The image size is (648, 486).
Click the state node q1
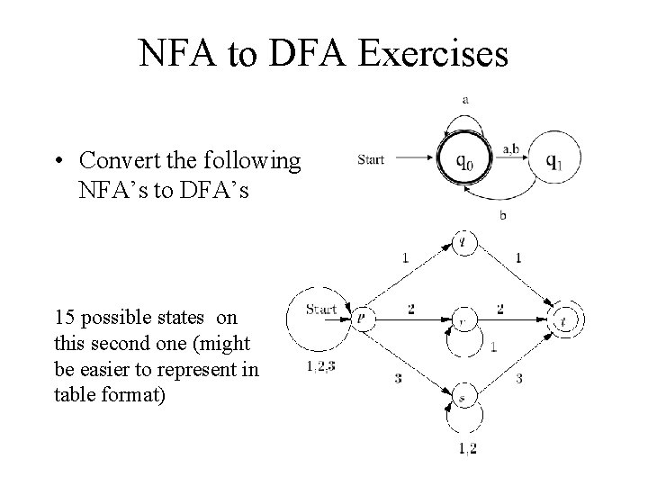(x=555, y=161)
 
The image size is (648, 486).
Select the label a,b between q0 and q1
(x=509, y=148)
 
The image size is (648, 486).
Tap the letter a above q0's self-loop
(x=464, y=100)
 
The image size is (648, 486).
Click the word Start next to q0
(x=371, y=160)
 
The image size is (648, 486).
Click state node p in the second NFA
(x=361, y=317)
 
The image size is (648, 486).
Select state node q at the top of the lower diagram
(x=462, y=242)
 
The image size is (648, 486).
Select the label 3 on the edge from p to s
(x=398, y=378)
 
